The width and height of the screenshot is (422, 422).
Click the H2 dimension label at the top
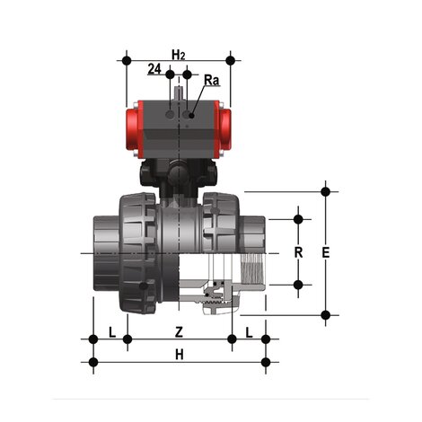[x=179, y=56]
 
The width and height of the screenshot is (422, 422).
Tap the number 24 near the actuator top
[x=155, y=69]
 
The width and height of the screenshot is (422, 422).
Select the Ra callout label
[x=211, y=81]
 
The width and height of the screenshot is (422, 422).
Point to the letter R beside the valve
[x=298, y=252]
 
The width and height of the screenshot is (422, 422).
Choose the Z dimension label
[x=179, y=331]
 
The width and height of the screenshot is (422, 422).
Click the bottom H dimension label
[x=179, y=355]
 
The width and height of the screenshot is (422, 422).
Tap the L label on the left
[x=111, y=331]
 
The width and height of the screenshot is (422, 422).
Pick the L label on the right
[x=249, y=331]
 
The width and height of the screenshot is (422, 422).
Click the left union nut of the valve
[x=139, y=252]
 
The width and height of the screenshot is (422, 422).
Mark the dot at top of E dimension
[x=325, y=191]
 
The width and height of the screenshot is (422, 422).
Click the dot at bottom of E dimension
[x=325, y=314]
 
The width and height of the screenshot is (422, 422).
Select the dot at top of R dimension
[x=298, y=218]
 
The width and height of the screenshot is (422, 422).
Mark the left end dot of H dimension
[x=93, y=363]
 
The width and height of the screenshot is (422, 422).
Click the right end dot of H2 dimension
[x=231, y=61]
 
